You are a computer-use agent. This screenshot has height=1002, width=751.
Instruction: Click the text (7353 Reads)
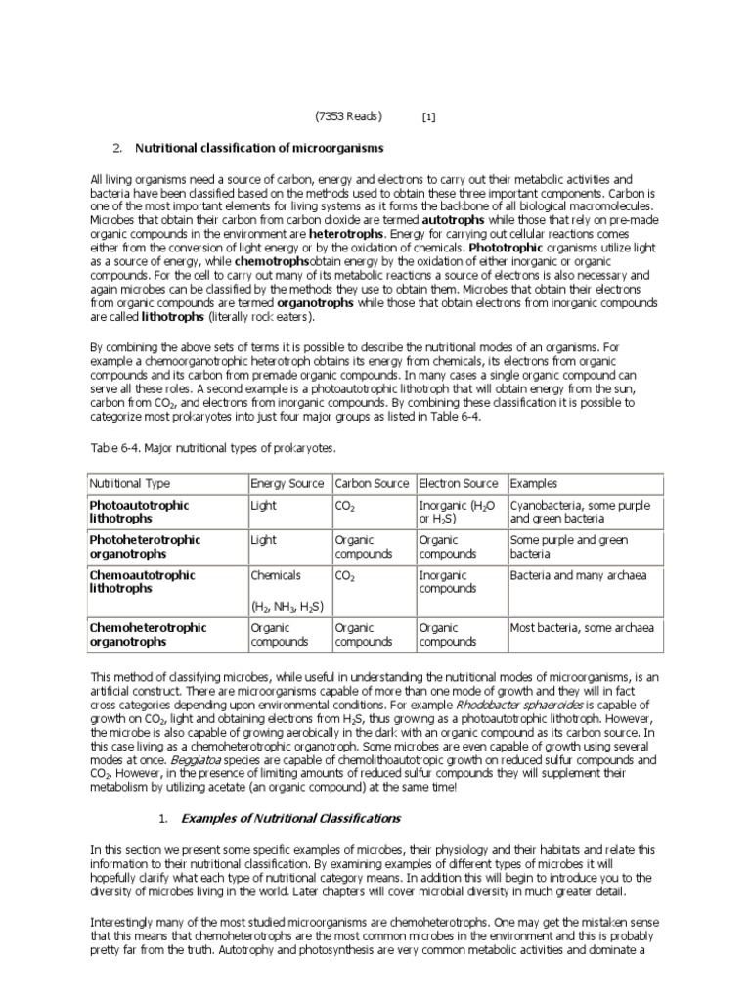pos(348,116)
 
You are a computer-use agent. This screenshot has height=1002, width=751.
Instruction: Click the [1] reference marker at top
pos(428,117)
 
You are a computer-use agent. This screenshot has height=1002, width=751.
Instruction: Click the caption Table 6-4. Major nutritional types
pos(212,447)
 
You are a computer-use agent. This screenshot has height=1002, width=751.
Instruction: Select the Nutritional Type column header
pos(130,483)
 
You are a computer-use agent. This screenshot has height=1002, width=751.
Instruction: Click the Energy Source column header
pos(288,483)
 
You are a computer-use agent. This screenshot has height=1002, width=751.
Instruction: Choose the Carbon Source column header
pos(373,483)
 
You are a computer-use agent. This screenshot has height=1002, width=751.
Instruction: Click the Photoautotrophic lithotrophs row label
pos(139,512)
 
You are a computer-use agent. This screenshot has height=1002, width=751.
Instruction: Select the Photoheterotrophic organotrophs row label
pos(145,547)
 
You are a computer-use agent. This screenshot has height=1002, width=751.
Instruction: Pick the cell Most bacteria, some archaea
pos(582,628)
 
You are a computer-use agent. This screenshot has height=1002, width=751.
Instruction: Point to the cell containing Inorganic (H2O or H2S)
pos(456,512)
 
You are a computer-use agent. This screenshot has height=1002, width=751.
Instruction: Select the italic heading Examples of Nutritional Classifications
pos(291,817)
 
